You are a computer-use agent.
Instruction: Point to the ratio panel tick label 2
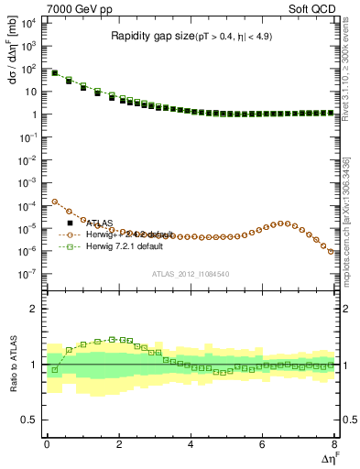click(35, 309)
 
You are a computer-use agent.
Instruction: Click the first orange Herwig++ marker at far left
click(55, 202)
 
